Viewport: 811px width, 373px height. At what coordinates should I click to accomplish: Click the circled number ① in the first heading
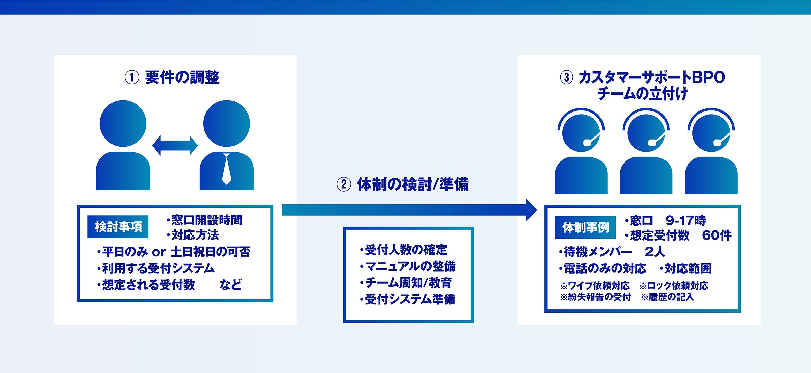(132, 77)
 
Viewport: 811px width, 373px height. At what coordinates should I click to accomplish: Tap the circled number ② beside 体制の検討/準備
(344, 184)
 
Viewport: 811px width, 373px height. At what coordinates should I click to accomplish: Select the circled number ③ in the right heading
(567, 77)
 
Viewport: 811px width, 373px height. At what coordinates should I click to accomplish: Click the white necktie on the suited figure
(227, 169)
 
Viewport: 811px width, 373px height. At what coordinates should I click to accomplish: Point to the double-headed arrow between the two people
(175, 146)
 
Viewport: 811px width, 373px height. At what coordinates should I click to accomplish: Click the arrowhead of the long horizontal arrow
(532, 210)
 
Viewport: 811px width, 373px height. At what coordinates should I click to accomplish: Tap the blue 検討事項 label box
(118, 227)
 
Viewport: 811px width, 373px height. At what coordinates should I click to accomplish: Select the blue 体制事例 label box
(585, 227)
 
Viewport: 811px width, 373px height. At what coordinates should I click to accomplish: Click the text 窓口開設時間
(207, 220)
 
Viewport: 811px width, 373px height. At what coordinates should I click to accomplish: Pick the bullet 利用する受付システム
(156, 268)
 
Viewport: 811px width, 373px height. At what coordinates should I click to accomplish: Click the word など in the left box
(231, 284)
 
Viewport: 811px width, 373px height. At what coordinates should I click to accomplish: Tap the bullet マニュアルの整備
(408, 266)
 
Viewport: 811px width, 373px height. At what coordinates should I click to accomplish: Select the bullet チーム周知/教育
(406, 282)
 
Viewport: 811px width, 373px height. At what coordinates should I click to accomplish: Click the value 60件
(717, 235)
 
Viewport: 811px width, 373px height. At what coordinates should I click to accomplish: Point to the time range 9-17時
(686, 221)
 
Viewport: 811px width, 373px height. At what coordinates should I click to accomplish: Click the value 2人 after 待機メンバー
(655, 252)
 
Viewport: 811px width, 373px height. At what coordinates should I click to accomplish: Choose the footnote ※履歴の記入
(667, 297)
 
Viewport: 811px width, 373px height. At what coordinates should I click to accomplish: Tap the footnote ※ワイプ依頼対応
(595, 286)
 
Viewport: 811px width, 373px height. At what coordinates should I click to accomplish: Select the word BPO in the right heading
(709, 77)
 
